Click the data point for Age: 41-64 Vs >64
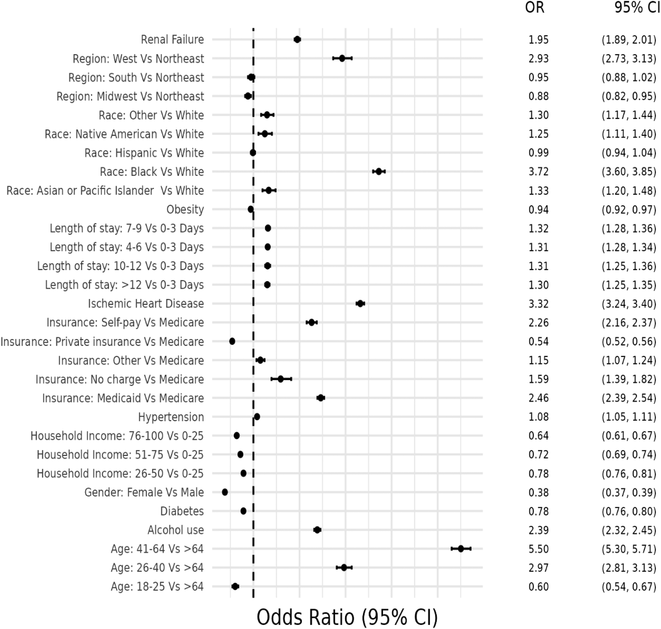pos(460,549)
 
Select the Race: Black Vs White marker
pos(379,171)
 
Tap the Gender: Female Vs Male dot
pos(225,492)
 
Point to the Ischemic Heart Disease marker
pos(360,303)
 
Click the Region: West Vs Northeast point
pos(342,58)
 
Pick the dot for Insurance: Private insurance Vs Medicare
pos(232,341)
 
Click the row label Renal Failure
pos(172,40)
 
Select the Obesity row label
pos(185,209)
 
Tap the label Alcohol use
pos(175,530)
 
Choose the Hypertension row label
pos(171,417)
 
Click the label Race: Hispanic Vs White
pos(144,153)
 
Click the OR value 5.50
pos(538,549)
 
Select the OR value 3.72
pos(538,172)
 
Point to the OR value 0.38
pos(538,492)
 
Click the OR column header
pos(534,7)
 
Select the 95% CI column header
pos(637,7)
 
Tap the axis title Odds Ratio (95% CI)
pos(347,617)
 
